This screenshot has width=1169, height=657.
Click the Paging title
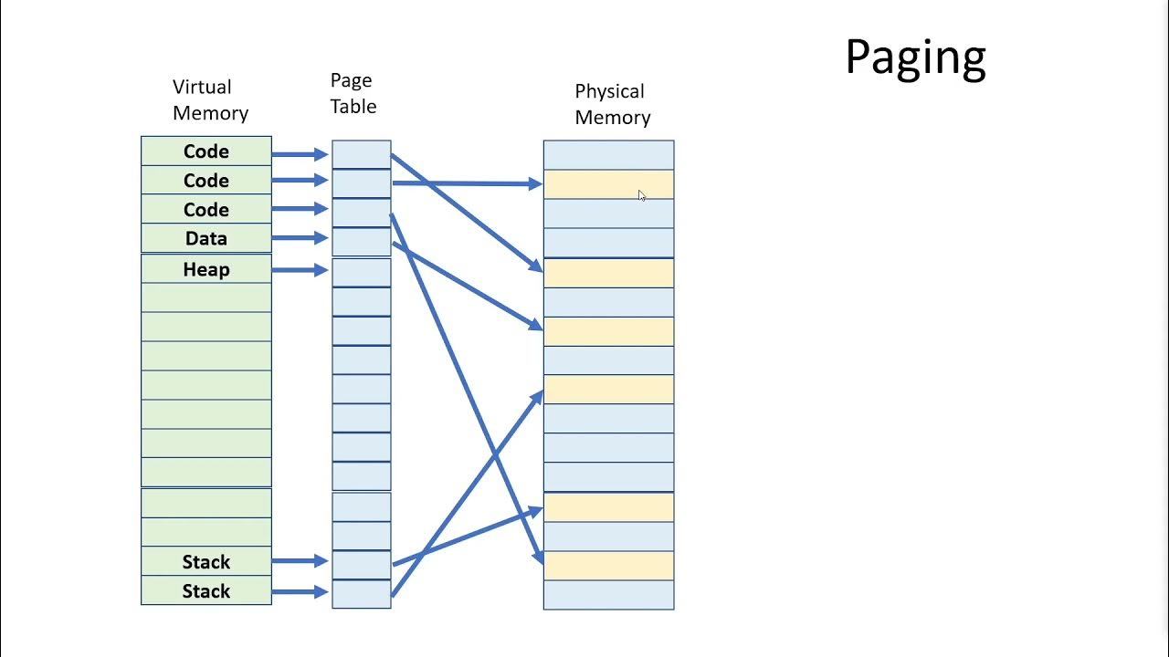pos(915,57)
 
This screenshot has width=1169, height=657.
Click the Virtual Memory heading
pos(209,99)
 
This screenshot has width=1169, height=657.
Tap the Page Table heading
pos(353,93)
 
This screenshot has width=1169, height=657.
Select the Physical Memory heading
pos(612,104)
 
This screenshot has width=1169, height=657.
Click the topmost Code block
pos(206,151)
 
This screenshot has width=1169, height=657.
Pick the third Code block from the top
pos(206,210)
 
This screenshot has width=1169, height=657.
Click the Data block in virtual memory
pos(206,238)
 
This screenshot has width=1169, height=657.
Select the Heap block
pos(206,269)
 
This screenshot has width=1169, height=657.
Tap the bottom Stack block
pos(206,590)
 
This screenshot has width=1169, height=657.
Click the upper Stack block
pos(206,561)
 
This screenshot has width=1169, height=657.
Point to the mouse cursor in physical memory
pos(641,195)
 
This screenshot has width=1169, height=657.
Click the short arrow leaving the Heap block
pos(300,270)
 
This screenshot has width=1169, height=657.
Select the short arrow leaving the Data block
pos(300,238)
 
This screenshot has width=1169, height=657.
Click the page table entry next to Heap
pos(361,272)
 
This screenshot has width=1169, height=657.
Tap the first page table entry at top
pos(361,153)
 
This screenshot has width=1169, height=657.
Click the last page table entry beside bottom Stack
pos(361,593)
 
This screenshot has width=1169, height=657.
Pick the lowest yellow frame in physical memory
pos(608,565)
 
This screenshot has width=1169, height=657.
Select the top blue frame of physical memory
pos(608,154)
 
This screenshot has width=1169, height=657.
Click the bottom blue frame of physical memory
pos(608,595)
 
